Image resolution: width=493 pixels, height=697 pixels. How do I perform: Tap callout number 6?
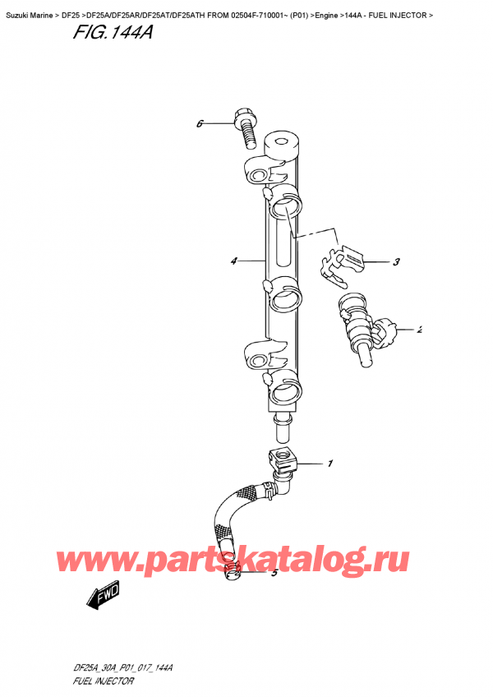[200, 124]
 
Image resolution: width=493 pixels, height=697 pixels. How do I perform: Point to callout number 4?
[234, 261]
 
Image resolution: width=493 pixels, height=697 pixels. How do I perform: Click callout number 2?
[419, 330]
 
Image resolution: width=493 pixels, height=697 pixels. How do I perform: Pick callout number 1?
[329, 464]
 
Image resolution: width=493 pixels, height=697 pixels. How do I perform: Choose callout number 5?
[274, 573]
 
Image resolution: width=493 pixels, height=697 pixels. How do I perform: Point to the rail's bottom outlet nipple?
[281, 427]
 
